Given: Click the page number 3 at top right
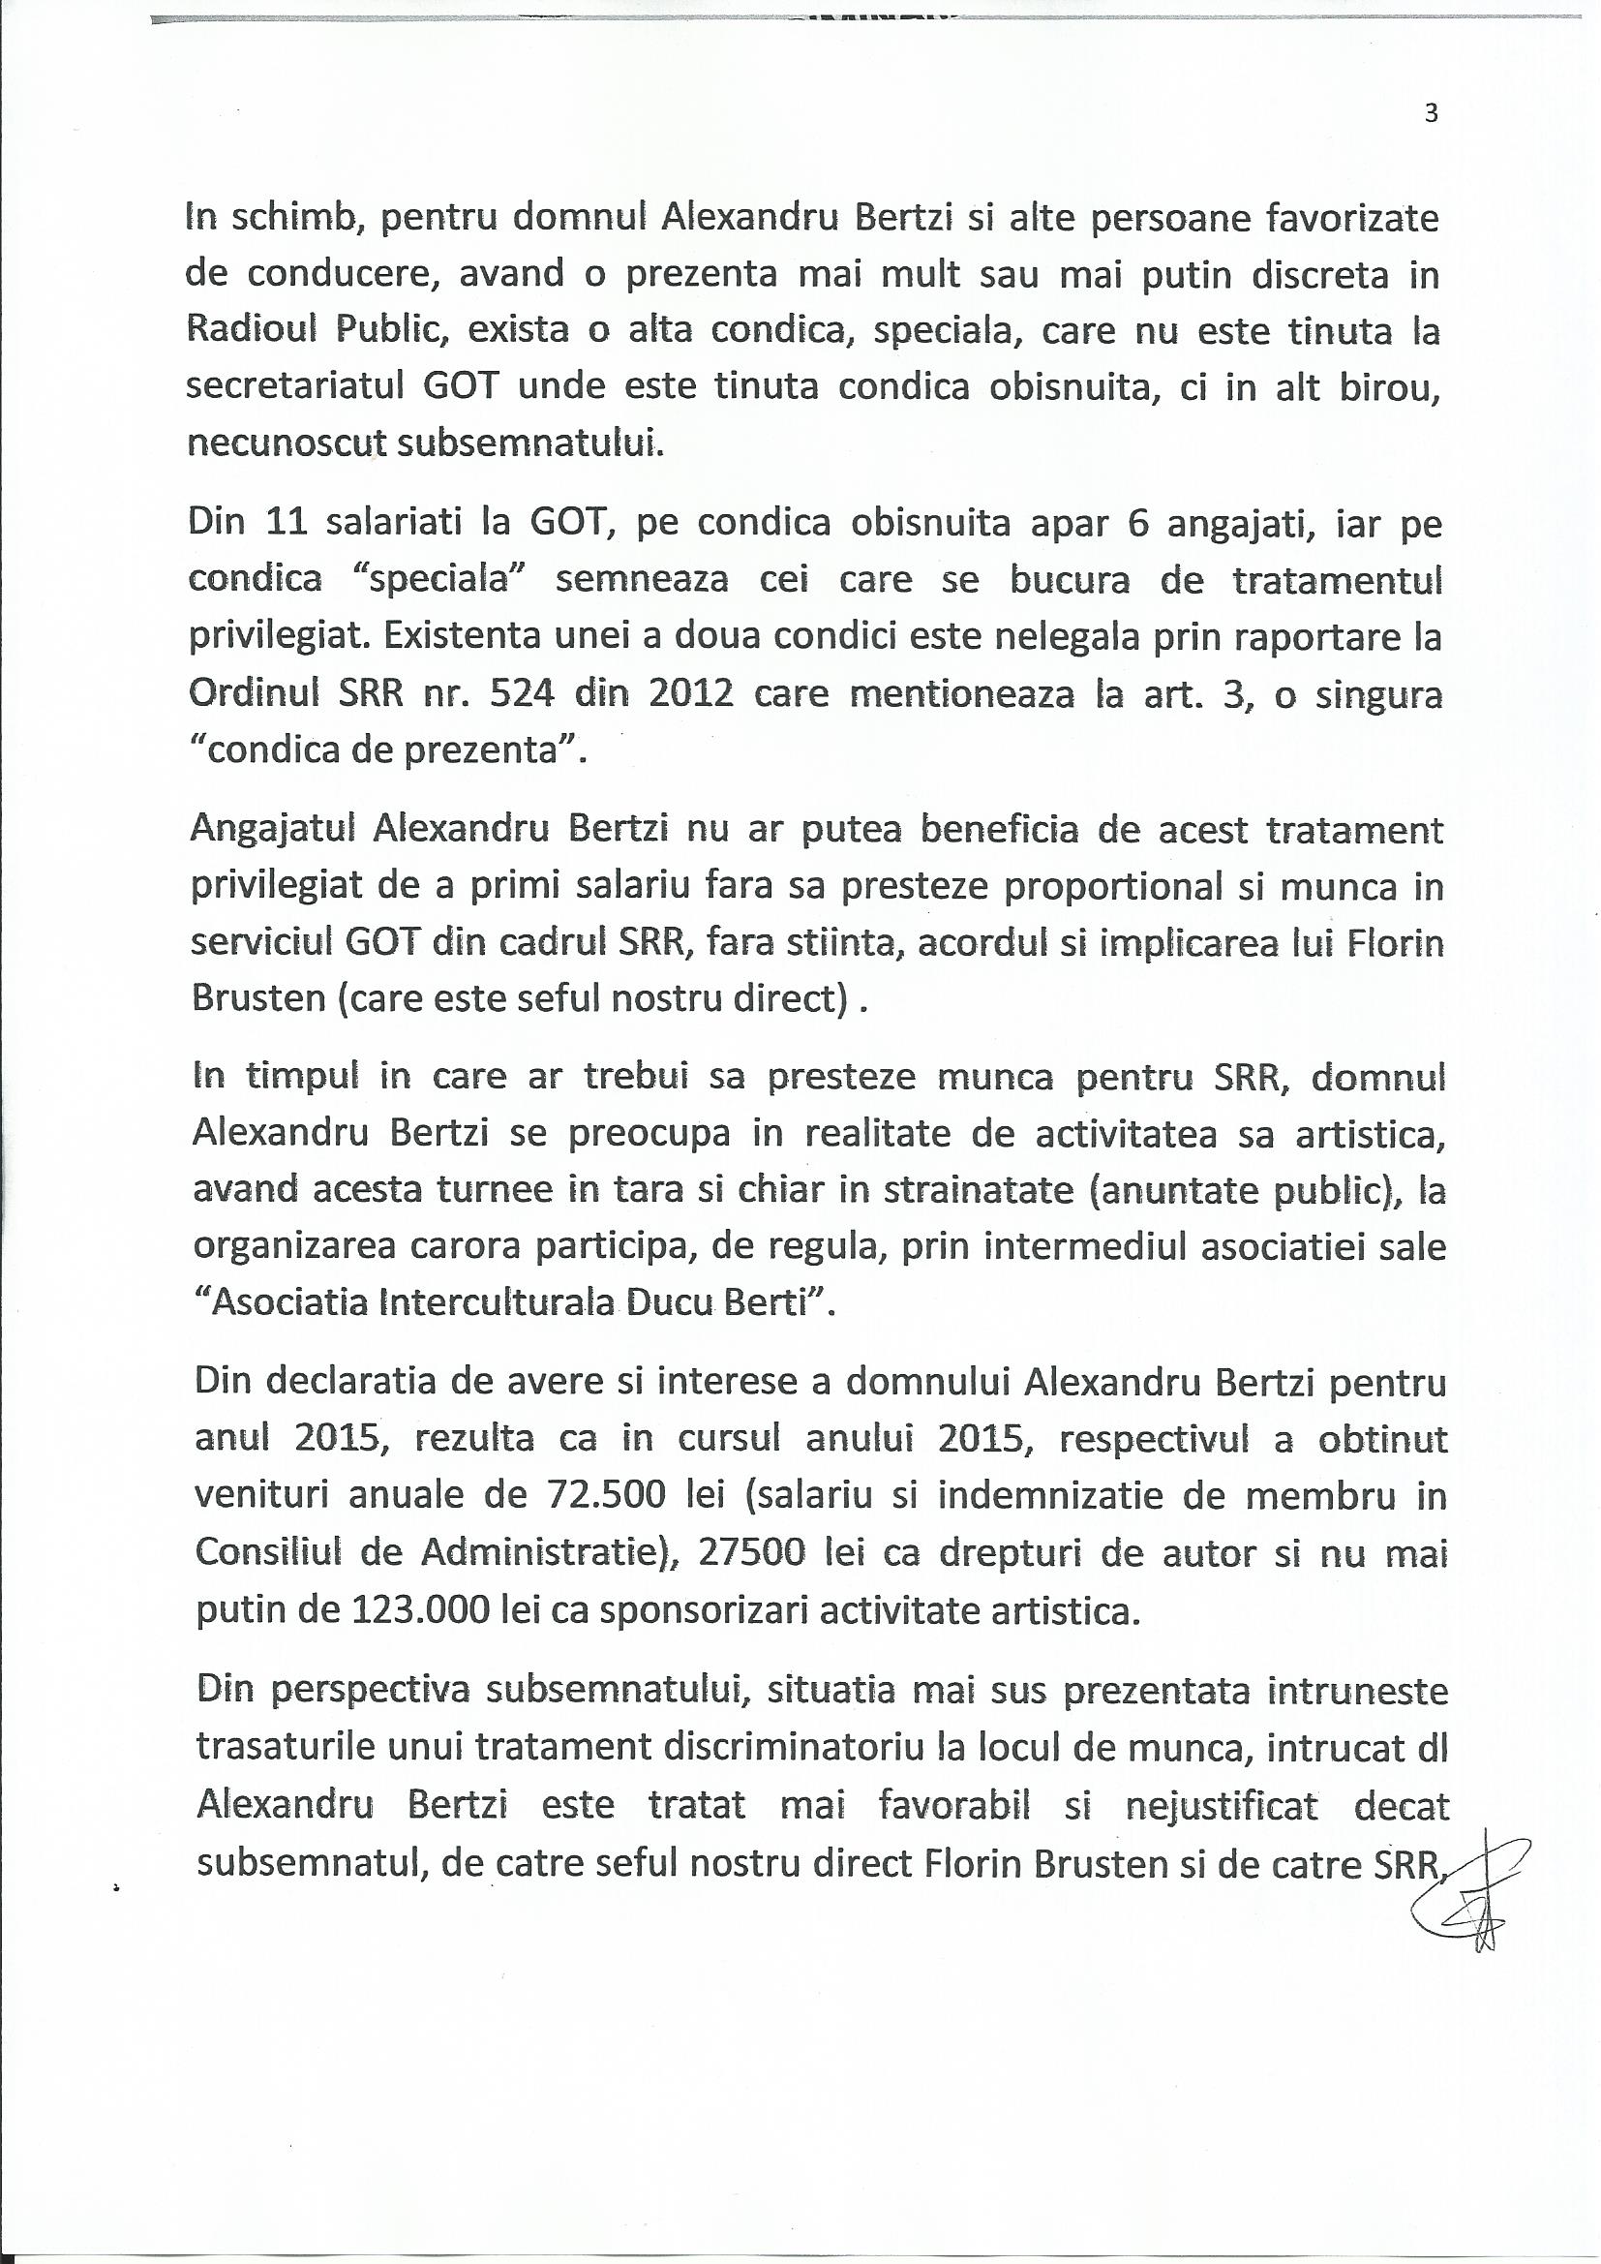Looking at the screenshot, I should (x=1432, y=113).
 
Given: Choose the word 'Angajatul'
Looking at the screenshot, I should (x=275, y=830).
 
